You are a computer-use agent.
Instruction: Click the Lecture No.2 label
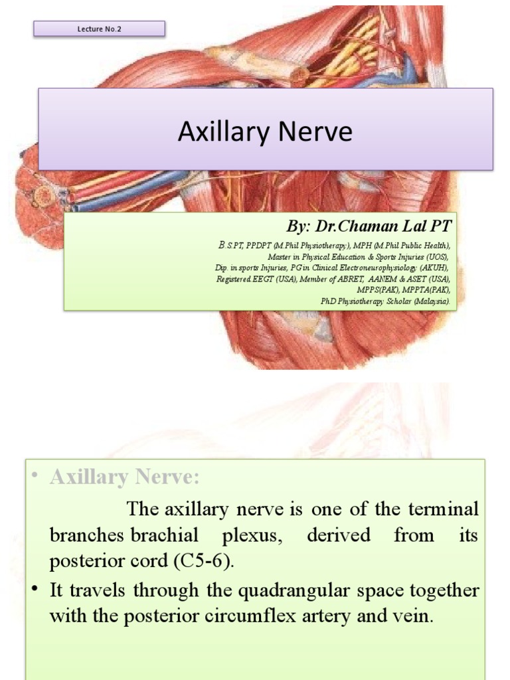click(x=99, y=29)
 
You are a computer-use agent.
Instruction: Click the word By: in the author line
click(x=297, y=226)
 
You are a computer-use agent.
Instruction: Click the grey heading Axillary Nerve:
click(x=124, y=477)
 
